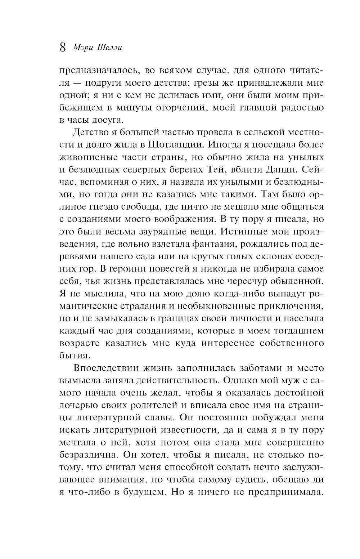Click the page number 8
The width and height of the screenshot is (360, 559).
pos(62,48)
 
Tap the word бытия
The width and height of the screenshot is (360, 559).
pos(68,356)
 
